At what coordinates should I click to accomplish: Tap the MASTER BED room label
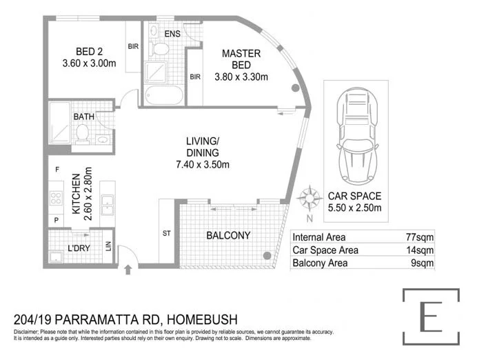click(241, 59)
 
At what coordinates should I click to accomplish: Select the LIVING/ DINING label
click(202, 147)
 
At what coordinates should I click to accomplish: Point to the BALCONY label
click(228, 235)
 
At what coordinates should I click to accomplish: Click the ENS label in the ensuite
click(173, 33)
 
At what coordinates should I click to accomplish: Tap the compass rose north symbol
click(310, 198)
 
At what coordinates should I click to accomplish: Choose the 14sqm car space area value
click(420, 250)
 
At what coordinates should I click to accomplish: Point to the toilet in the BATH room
click(82, 132)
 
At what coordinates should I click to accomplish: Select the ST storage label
click(166, 234)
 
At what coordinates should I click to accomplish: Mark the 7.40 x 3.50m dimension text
click(202, 164)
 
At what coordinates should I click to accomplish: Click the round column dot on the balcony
click(267, 256)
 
